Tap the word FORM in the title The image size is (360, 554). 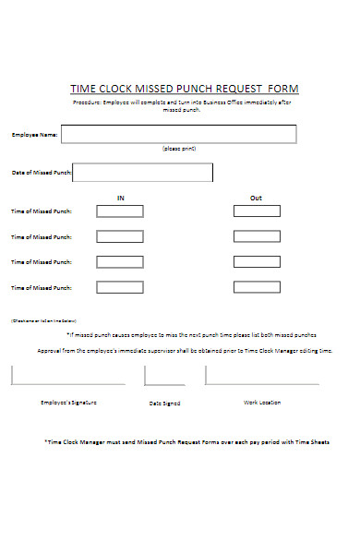point(283,89)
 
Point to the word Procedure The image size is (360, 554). point(90,102)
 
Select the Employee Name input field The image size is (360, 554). point(179,134)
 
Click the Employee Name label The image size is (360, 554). point(35,135)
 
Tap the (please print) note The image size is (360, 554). point(179,149)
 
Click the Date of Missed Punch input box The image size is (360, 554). point(142,173)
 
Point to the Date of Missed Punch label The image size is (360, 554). point(42,173)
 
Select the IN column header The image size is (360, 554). point(120,198)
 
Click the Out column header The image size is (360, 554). point(256,198)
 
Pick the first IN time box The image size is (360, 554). point(120,211)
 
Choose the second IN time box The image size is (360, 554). point(120,236)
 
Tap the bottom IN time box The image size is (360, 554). point(120,287)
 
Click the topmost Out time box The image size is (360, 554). point(257,211)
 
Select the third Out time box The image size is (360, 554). point(257,262)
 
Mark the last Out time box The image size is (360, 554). point(257,287)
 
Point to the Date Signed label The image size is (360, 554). point(165,403)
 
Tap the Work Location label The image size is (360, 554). point(262,403)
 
